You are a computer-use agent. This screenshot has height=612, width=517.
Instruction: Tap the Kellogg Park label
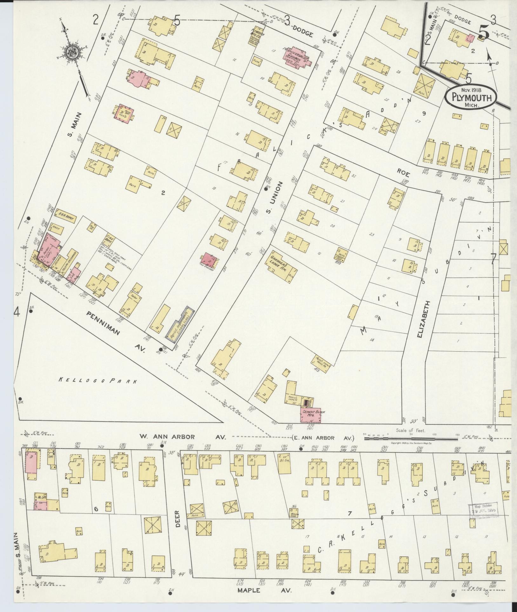(98, 380)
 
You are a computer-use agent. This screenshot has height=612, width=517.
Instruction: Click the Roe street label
(404, 174)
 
